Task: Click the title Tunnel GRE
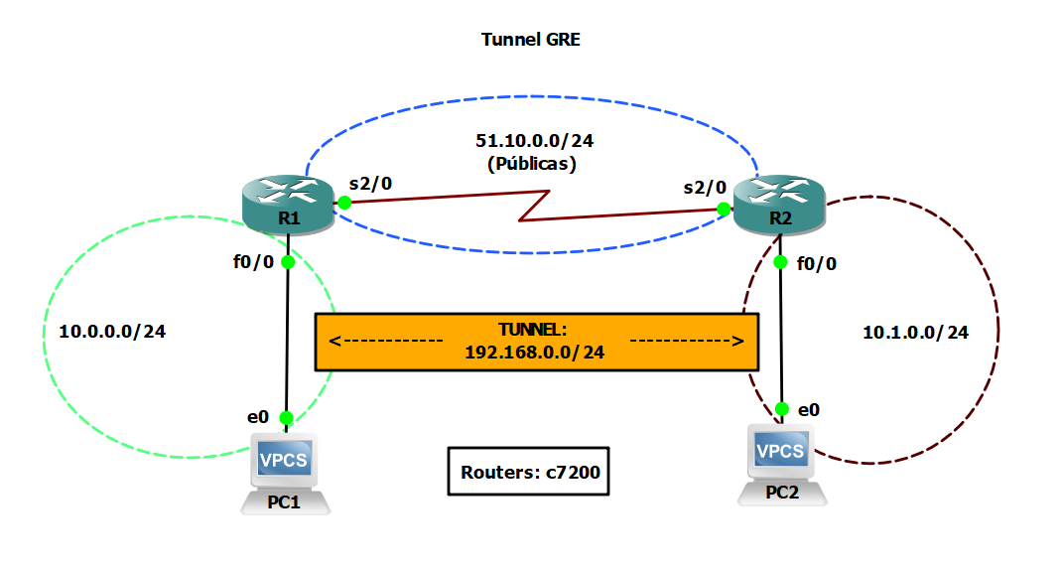[x=530, y=40]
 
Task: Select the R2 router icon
[x=779, y=205]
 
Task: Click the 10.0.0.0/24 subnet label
[x=112, y=332]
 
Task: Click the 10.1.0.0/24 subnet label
[x=915, y=333]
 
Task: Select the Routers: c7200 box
[x=529, y=471]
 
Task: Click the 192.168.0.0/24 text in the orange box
[x=535, y=352]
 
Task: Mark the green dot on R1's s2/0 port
[x=344, y=203]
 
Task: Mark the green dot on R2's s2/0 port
[x=724, y=209]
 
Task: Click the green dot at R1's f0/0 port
[x=288, y=262]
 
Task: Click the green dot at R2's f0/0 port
[x=780, y=262]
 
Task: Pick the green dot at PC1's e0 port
[x=287, y=418]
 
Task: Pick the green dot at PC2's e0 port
[x=782, y=409]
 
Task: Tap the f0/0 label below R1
[x=252, y=263]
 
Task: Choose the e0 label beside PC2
[x=810, y=409]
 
